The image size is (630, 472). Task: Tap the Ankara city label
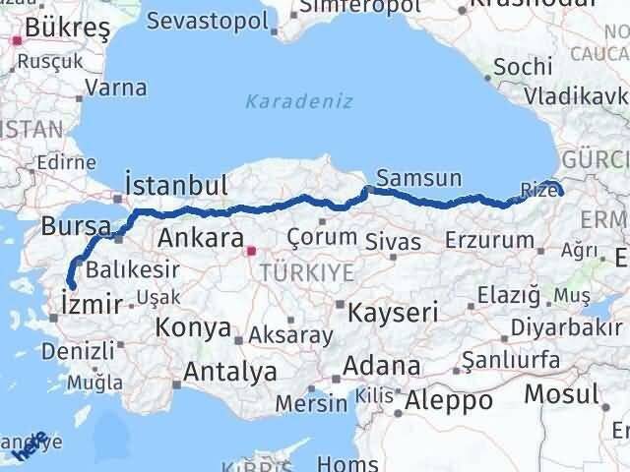200,238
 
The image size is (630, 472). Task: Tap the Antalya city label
230,373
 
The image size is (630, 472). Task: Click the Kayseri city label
392,313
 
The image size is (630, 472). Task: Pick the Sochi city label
517,68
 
